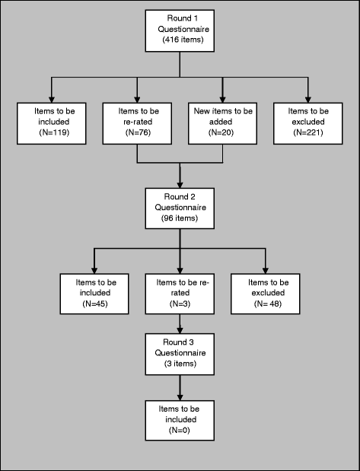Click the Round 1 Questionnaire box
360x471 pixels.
(x=180, y=31)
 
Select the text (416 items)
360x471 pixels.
(x=183, y=40)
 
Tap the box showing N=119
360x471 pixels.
(x=52, y=123)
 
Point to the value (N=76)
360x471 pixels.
(x=138, y=132)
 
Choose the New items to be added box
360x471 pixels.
(x=223, y=123)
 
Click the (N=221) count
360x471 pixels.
(x=308, y=132)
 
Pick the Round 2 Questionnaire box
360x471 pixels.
(x=180, y=208)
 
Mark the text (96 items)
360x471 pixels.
(x=180, y=218)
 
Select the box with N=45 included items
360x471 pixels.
(x=94, y=294)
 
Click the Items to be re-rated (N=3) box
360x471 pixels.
(x=180, y=294)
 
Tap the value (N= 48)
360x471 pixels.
(x=268, y=304)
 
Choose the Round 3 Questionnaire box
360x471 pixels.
(x=180, y=354)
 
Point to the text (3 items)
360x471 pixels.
(x=180, y=364)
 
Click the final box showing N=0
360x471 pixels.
(x=180, y=421)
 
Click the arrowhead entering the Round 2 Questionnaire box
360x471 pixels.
(x=180, y=185)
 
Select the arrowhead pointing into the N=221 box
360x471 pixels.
(x=307, y=100)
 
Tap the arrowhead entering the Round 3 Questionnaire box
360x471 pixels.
(x=180, y=330)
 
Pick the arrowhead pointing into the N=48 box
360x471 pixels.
(x=265, y=270)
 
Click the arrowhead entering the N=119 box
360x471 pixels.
(x=52, y=100)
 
